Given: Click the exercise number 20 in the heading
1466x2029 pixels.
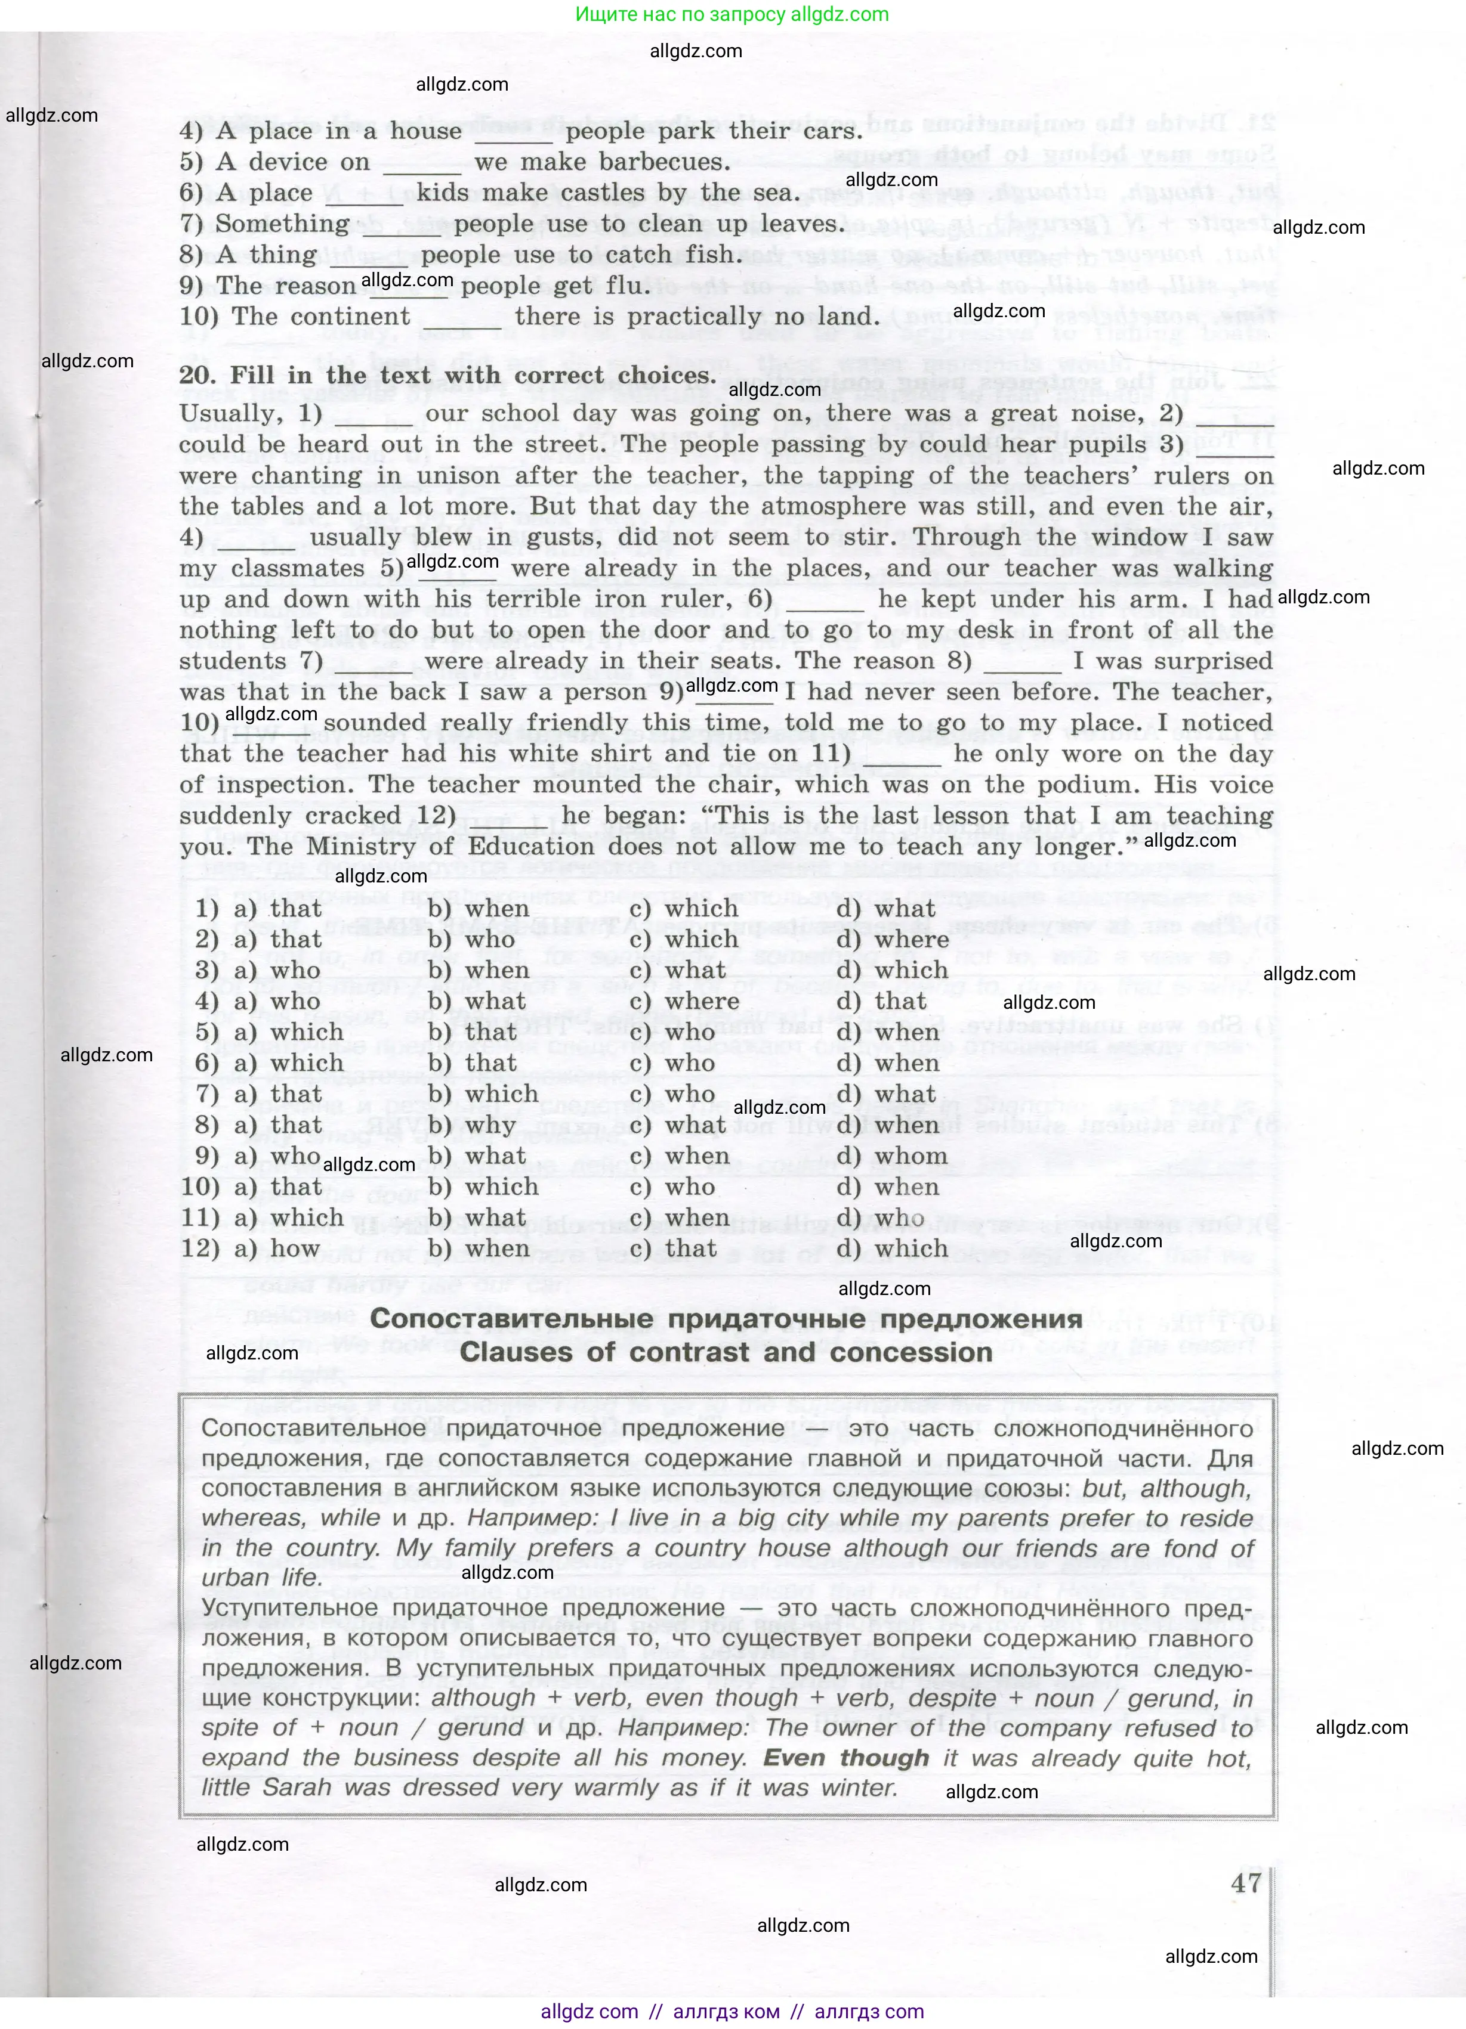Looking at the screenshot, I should [196, 376].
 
